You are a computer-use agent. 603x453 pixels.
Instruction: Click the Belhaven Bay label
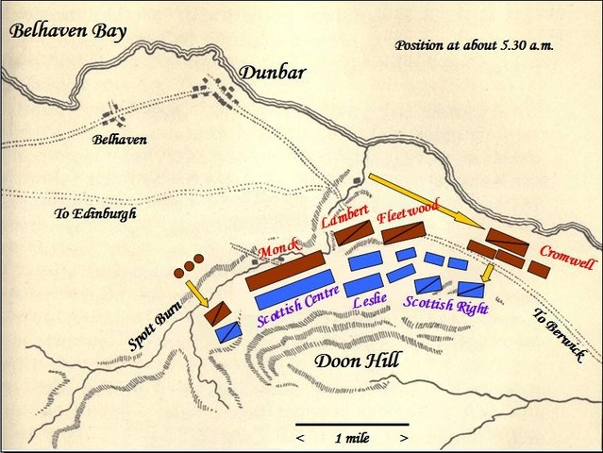pyautogui.click(x=67, y=33)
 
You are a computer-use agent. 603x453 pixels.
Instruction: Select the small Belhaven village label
pyautogui.click(x=119, y=141)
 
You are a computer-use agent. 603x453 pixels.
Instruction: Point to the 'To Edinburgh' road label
pyautogui.click(x=95, y=214)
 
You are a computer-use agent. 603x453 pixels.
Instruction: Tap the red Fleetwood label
pyautogui.click(x=407, y=213)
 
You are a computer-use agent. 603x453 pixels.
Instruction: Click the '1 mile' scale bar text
pyautogui.click(x=351, y=437)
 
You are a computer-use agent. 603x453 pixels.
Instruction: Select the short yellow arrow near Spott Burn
pyautogui.click(x=197, y=293)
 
